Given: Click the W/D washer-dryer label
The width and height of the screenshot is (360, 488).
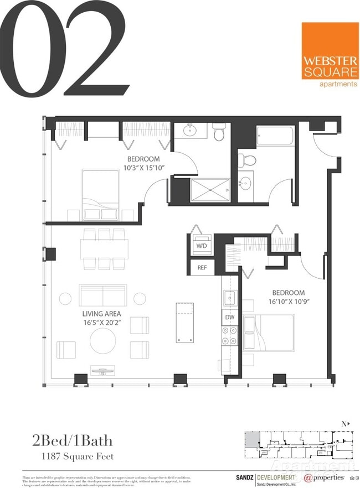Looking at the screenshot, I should tap(201, 245).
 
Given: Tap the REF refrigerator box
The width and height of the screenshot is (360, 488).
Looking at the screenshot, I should tap(202, 268).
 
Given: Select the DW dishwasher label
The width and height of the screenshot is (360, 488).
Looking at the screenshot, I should tap(229, 318).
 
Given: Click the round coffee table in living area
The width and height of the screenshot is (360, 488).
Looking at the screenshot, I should tap(104, 341).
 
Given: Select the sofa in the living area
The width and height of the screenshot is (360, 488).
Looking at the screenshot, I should tap(104, 295).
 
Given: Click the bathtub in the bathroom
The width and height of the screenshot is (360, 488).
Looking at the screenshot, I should tap(275, 137).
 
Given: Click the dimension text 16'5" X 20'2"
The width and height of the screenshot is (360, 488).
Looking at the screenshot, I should tap(102, 323).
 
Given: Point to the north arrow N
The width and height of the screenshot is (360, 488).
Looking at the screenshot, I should tap(344, 424).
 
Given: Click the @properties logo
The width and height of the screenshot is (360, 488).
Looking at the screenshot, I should tap(327, 477).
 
